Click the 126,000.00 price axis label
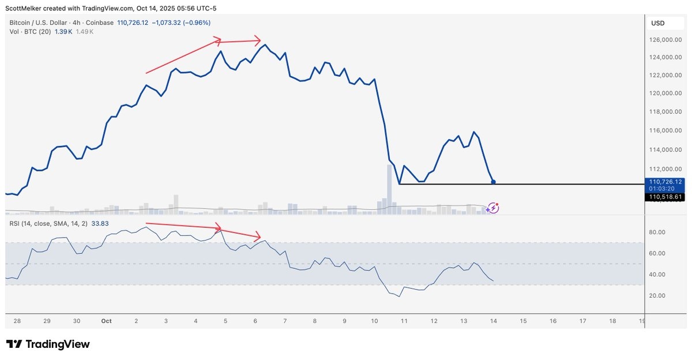click(665, 40)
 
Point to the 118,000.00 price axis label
click(665, 111)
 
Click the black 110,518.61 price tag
click(664, 197)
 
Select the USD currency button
click(659, 23)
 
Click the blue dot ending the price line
click(494, 182)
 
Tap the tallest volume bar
click(389, 189)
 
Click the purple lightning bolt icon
click(493, 208)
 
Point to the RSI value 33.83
click(100, 223)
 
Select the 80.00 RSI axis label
click(657, 232)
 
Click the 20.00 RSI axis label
click(657, 295)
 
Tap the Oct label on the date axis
click(106, 321)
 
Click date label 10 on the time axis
click(374, 321)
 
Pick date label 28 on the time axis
click(17, 321)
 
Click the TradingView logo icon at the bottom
click(14, 344)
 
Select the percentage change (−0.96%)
click(197, 22)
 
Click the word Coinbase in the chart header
click(99, 22)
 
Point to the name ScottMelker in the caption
click(24, 8)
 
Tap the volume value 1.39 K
click(63, 32)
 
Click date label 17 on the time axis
click(582, 321)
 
